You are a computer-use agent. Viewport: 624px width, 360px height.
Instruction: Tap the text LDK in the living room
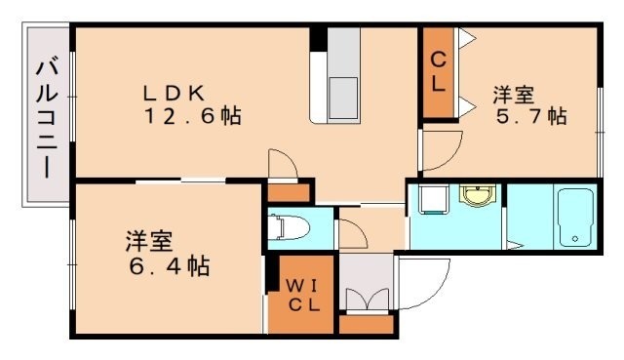coord(174,94)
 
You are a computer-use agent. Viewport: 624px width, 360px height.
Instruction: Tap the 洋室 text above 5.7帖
coord(513,95)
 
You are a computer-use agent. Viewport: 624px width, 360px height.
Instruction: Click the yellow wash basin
coord(477,198)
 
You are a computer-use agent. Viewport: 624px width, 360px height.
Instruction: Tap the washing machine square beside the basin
coord(431,200)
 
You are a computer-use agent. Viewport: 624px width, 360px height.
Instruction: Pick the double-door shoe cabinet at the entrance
coord(365,297)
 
